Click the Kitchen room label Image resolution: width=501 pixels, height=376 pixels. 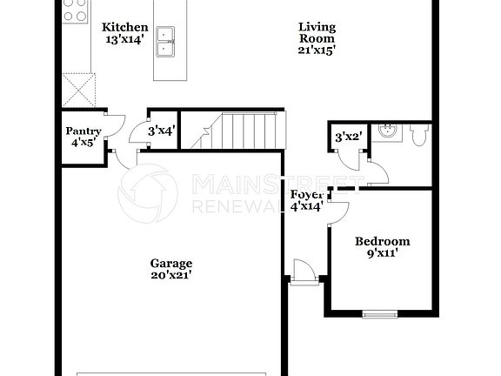[x=118, y=27]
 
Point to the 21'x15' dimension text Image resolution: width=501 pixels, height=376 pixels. [x=317, y=50]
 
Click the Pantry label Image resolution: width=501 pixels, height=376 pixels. [x=84, y=131]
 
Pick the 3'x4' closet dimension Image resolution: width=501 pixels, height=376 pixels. [x=162, y=131]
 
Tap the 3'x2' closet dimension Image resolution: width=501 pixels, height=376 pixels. [x=349, y=136]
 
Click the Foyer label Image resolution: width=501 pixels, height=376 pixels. [x=306, y=195]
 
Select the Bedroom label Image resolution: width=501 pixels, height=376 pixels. [x=383, y=241]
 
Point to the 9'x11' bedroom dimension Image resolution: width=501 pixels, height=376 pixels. [x=383, y=254]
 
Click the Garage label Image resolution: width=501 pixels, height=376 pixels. [x=170, y=263]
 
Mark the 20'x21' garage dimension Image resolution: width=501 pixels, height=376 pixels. [x=170, y=275]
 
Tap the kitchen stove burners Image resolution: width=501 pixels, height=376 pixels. [x=75, y=11]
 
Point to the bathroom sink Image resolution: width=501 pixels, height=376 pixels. [x=388, y=132]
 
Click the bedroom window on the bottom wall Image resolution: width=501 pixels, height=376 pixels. [x=379, y=313]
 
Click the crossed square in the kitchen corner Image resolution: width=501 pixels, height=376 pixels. [x=77, y=88]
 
